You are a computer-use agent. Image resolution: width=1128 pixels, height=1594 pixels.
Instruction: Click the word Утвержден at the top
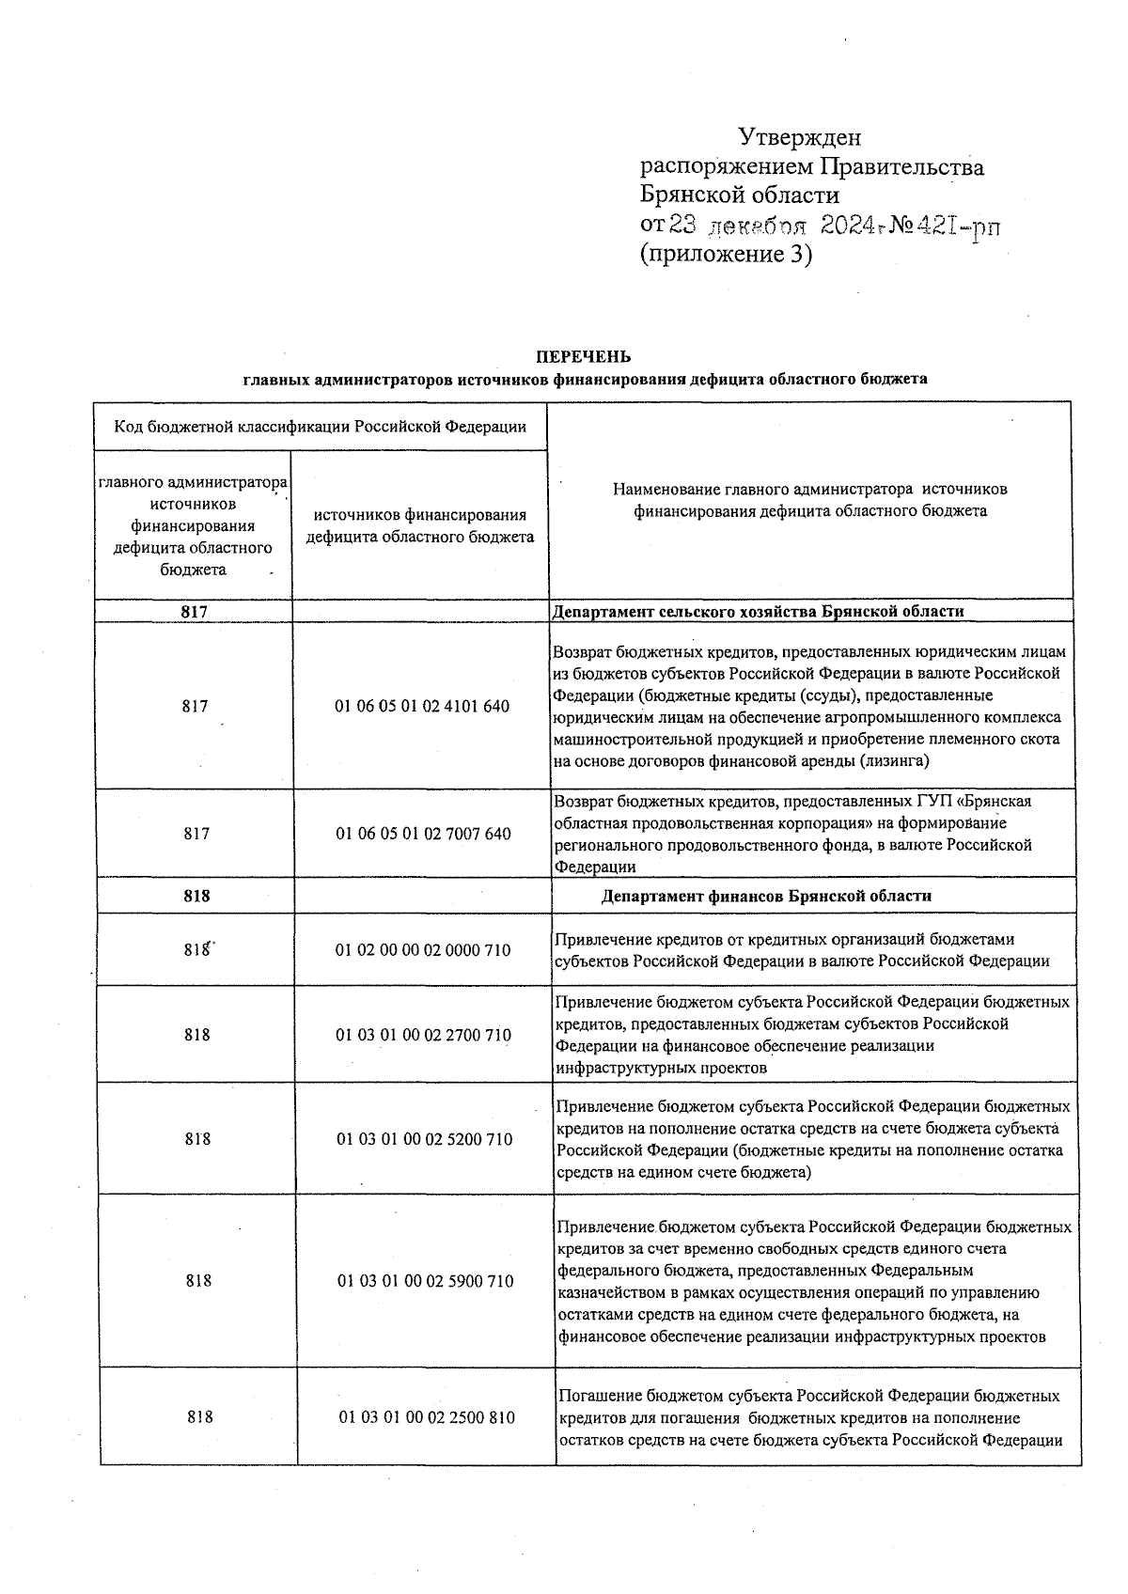(x=799, y=138)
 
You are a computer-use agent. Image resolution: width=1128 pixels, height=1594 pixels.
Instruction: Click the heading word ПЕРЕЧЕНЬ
(x=584, y=357)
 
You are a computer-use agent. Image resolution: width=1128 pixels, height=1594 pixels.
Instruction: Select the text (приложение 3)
(x=725, y=254)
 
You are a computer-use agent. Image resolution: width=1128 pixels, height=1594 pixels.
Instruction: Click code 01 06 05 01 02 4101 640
(x=422, y=707)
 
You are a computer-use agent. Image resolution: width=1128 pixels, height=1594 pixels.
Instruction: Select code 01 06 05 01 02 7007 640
(x=423, y=834)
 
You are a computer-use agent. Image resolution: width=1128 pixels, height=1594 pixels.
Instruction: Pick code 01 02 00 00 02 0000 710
(x=423, y=950)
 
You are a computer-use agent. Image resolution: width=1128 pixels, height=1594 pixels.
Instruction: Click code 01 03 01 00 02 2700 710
(x=423, y=1035)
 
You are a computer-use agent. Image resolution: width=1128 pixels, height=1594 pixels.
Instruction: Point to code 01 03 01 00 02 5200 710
(x=424, y=1139)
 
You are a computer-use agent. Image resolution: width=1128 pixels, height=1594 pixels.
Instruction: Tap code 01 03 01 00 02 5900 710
(x=425, y=1281)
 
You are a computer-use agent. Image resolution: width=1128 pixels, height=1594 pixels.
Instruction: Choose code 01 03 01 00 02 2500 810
(x=427, y=1417)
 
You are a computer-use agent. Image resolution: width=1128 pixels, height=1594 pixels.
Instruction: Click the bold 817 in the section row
(x=194, y=612)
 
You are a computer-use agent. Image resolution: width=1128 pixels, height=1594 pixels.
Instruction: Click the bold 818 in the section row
(x=196, y=897)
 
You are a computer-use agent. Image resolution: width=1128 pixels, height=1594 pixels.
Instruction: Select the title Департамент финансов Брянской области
(x=766, y=897)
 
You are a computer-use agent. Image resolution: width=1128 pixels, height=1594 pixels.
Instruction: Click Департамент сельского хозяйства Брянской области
(x=758, y=612)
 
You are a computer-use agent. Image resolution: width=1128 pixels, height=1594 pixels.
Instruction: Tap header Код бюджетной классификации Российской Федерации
(x=320, y=428)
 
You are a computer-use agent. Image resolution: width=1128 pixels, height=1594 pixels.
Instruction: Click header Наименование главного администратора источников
(x=809, y=490)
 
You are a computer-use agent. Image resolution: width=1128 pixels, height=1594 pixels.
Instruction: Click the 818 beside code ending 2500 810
(x=199, y=1417)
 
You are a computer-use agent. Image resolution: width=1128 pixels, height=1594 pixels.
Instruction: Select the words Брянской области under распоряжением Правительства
(x=739, y=195)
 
